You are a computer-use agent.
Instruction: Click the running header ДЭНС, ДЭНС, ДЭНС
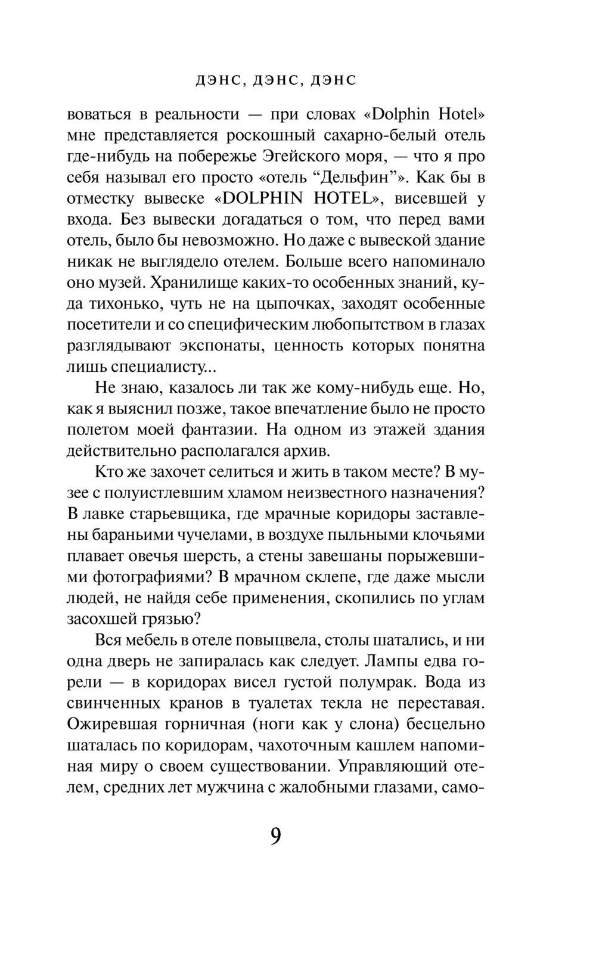[x=276, y=80]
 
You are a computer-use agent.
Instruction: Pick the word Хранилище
[x=200, y=282]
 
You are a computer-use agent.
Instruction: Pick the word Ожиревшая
[x=111, y=724]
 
